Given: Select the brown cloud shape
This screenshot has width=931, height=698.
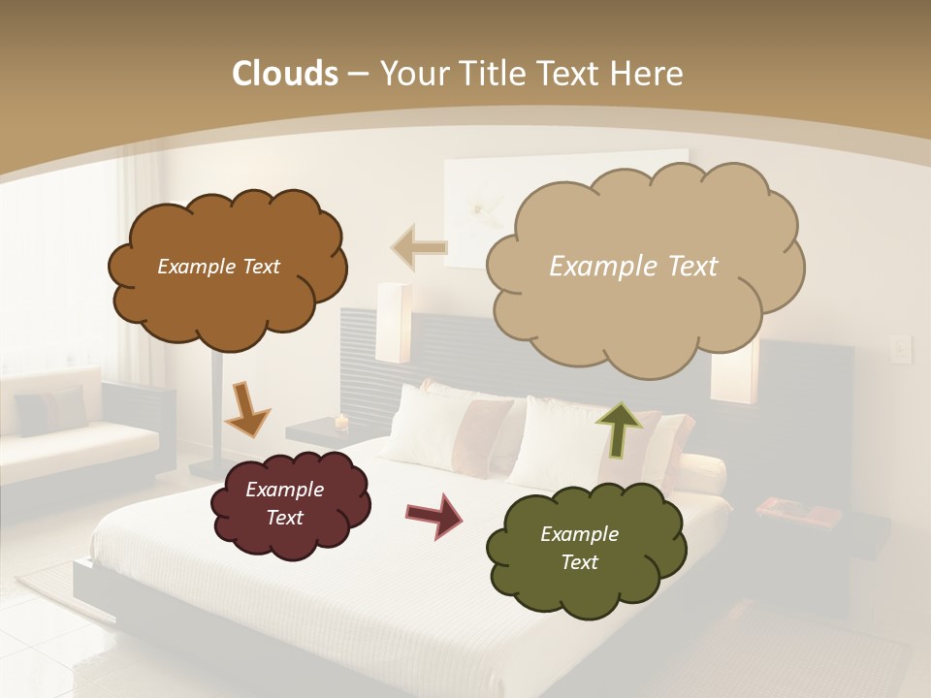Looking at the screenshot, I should [x=227, y=296].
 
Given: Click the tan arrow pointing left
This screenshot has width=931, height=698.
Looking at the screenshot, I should [x=419, y=248].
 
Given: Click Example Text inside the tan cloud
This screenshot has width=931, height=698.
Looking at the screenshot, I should [x=633, y=267].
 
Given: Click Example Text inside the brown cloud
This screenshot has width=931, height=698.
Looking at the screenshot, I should [x=218, y=267].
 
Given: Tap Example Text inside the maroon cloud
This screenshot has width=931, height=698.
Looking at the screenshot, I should [x=284, y=503].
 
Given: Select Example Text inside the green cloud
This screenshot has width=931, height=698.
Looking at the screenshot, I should [x=579, y=548].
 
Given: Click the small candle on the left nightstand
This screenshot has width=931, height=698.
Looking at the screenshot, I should [x=340, y=422].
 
